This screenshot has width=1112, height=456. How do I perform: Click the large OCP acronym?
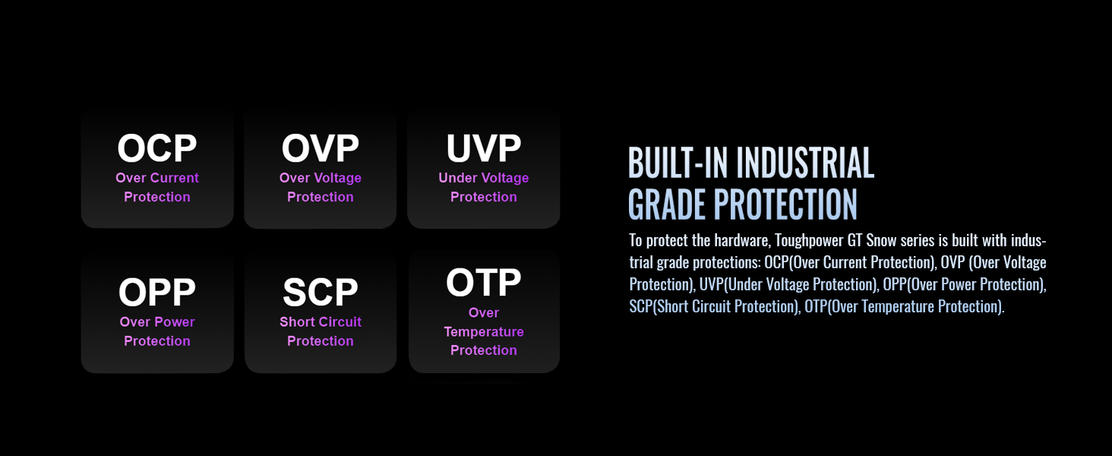(x=157, y=148)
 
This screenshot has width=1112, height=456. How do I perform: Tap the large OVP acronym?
(x=321, y=148)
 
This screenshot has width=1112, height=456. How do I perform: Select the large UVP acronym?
(x=484, y=148)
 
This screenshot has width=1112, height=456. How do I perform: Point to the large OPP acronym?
(x=157, y=292)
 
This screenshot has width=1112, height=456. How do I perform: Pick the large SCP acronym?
(x=321, y=292)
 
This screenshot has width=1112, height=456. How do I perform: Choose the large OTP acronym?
(x=484, y=282)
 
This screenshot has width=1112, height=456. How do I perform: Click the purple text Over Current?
(x=157, y=178)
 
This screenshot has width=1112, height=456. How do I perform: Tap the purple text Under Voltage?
(x=484, y=178)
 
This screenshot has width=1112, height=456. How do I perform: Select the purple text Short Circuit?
(x=321, y=322)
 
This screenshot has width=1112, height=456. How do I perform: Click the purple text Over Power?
(x=157, y=322)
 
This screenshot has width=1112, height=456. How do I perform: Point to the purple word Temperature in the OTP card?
(x=484, y=332)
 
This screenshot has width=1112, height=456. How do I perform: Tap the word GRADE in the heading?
(x=667, y=204)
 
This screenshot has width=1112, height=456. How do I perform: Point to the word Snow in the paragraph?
(x=881, y=240)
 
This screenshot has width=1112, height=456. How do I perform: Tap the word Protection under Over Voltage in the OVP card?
(x=321, y=197)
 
